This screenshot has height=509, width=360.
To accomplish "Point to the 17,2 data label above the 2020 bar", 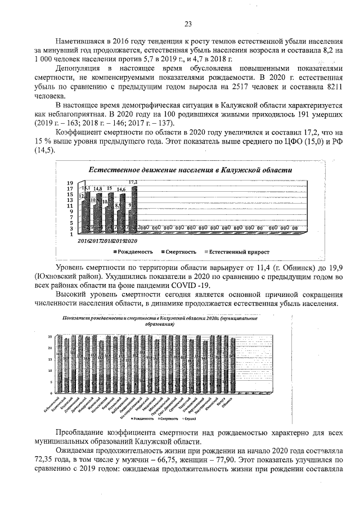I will pos(133,183).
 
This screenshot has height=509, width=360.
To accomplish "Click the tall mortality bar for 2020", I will pos(134,208).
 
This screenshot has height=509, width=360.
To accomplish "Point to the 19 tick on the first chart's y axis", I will pos(71,183).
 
